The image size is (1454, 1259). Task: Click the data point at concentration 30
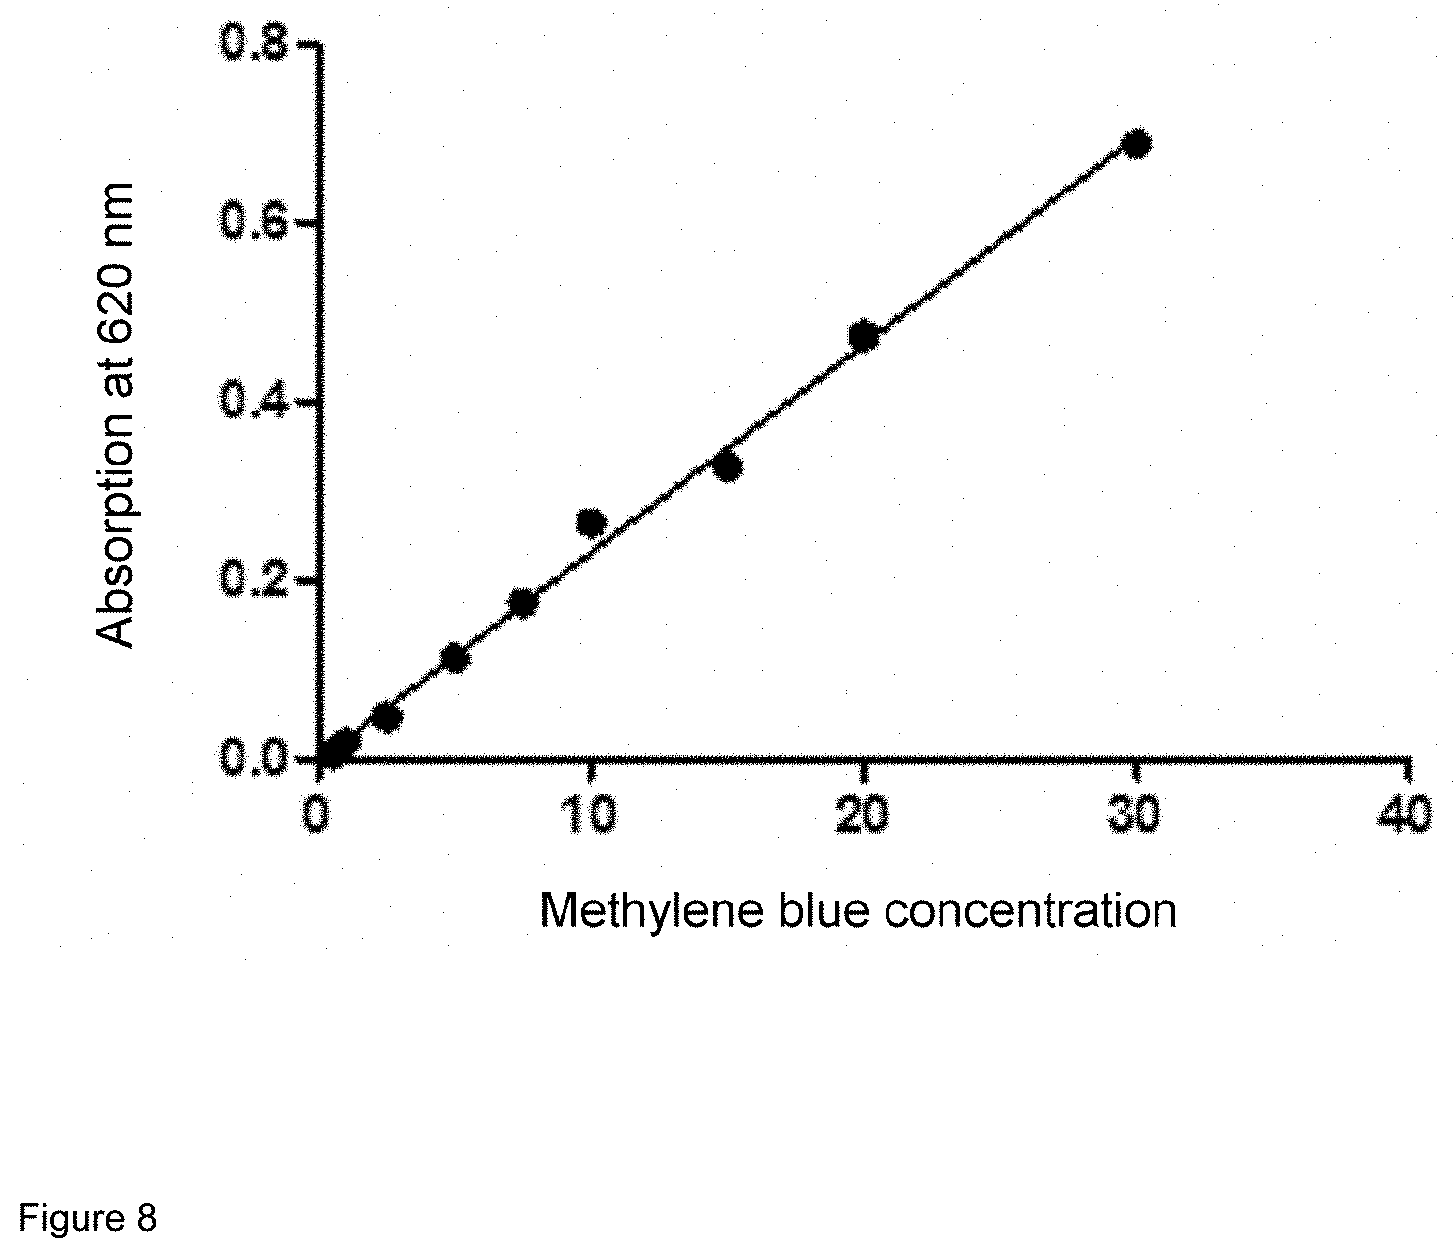[x=1136, y=143]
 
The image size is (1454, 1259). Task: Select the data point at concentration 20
[x=863, y=336]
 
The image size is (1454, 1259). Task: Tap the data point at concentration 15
[x=727, y=467]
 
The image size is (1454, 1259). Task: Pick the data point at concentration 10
[x=591, y=523]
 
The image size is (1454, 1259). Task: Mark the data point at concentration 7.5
[x=523, y=603]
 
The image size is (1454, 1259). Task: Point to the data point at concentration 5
[x=455, y=658]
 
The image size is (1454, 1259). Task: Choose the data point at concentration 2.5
[x=387, y=718]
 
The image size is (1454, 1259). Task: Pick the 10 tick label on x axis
[x=590, y=814]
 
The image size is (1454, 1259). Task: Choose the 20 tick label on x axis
[x=863, y=814]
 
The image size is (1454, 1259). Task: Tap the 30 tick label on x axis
[x=1136, y=814]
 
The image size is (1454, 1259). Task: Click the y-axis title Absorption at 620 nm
[x=117, y=415]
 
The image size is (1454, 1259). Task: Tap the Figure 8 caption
[x=88, y=1219]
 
